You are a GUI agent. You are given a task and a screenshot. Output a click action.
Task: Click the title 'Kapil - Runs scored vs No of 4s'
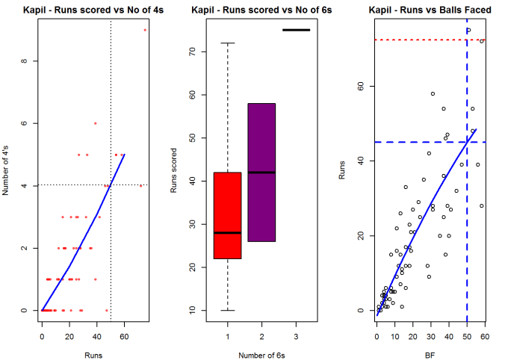[93, 10]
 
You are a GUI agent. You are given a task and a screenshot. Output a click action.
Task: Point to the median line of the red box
[227, 233]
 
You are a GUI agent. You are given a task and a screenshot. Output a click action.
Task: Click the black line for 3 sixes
[296, 30]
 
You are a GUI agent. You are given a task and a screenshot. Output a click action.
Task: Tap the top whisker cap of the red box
[227, 43]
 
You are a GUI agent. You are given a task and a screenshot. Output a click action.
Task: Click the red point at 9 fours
[145, 30]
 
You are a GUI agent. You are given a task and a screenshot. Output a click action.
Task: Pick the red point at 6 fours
[96, 123]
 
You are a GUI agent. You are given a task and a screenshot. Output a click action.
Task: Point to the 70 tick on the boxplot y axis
[193, 52]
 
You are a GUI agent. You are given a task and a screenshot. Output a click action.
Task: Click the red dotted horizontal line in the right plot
[418, 40]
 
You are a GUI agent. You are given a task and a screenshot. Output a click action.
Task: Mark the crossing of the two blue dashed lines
[467, 142]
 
